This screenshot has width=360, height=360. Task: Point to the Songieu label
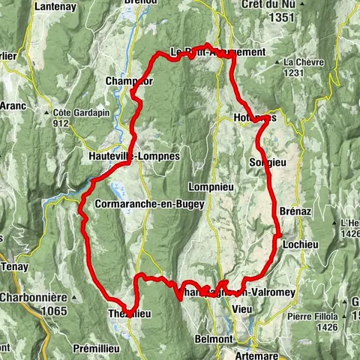coord(263,161)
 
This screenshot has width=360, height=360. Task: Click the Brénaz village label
coord(292,211)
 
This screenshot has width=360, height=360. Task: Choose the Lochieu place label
coord(298,245)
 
